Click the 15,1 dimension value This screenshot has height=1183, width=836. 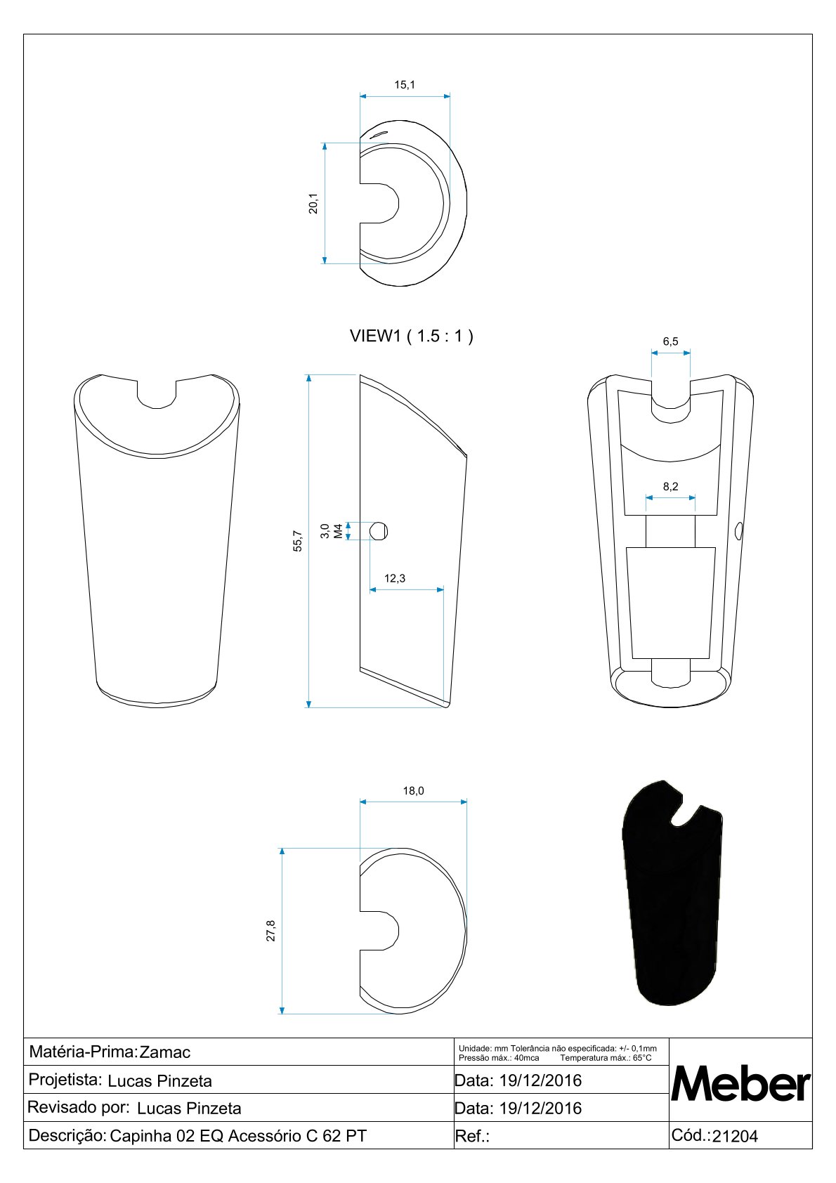click(x=405, y=84)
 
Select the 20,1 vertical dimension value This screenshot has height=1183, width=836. click(x=314, y=203)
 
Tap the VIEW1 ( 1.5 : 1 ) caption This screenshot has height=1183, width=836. click(x=412, y=336)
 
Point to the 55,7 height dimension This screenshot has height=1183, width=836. click(x=298, y=542)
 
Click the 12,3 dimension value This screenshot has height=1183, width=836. click(x=395, y=578)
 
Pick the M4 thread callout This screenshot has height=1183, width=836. click(x=338, y=531)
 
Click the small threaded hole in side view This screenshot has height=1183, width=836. click(x=378, y=531)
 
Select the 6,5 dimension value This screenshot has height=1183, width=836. click(x=671, y=341)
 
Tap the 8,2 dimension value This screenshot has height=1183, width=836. click(x=671, y=486)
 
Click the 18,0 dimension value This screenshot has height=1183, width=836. click(x=414, y=790)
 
